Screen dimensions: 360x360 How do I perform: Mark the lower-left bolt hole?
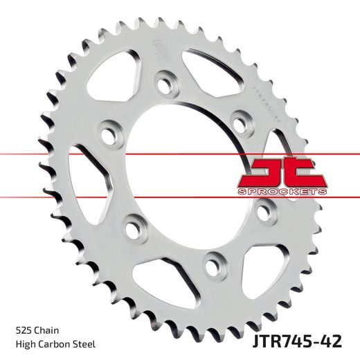(x=134, y=225)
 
